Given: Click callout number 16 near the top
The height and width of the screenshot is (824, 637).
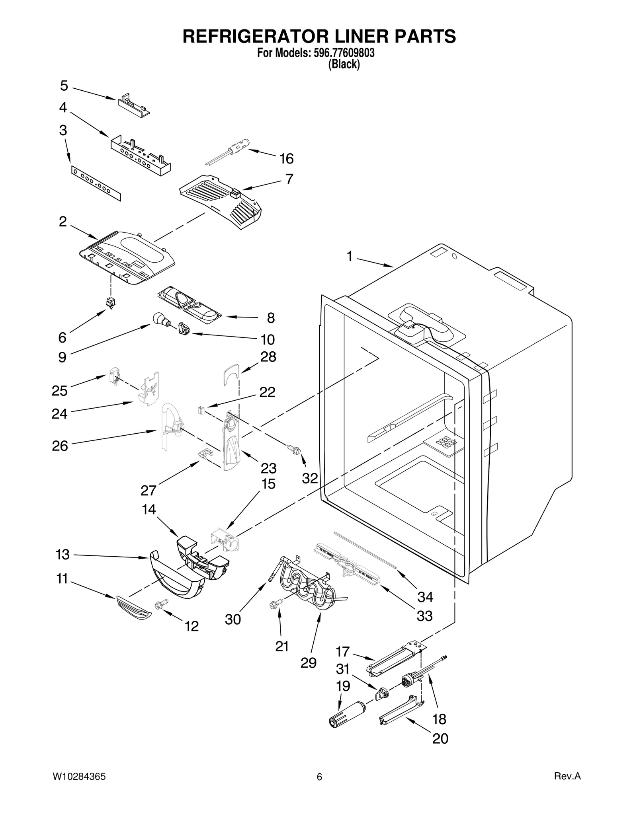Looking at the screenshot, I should pyautogui.click(x=286, y=159).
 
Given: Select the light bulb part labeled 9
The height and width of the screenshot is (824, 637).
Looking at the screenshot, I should pyautogui.click(x=160, y=319).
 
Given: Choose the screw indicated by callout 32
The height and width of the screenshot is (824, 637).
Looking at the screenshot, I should pyautogui.click(x=294, y=450).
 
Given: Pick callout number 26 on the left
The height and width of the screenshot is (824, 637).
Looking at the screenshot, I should pyautogui.click(x=60, y=446).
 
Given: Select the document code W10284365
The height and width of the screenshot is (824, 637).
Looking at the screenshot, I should pyautogui.click(x=79, y=777).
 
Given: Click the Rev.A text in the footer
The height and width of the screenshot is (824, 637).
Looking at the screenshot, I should pyautogui.click(x=568, y=776).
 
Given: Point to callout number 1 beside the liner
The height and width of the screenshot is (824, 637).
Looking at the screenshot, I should pyautogui.click(x=349, y=257).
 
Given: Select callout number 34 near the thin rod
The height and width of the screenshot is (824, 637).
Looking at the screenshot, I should pyautogui.click(x=425, y=596).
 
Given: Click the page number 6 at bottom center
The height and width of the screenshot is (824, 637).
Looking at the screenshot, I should pyautogui.click(x=319, y=777).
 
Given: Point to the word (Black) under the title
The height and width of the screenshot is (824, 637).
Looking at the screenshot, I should pyautogui.click(x=344, y=64).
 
